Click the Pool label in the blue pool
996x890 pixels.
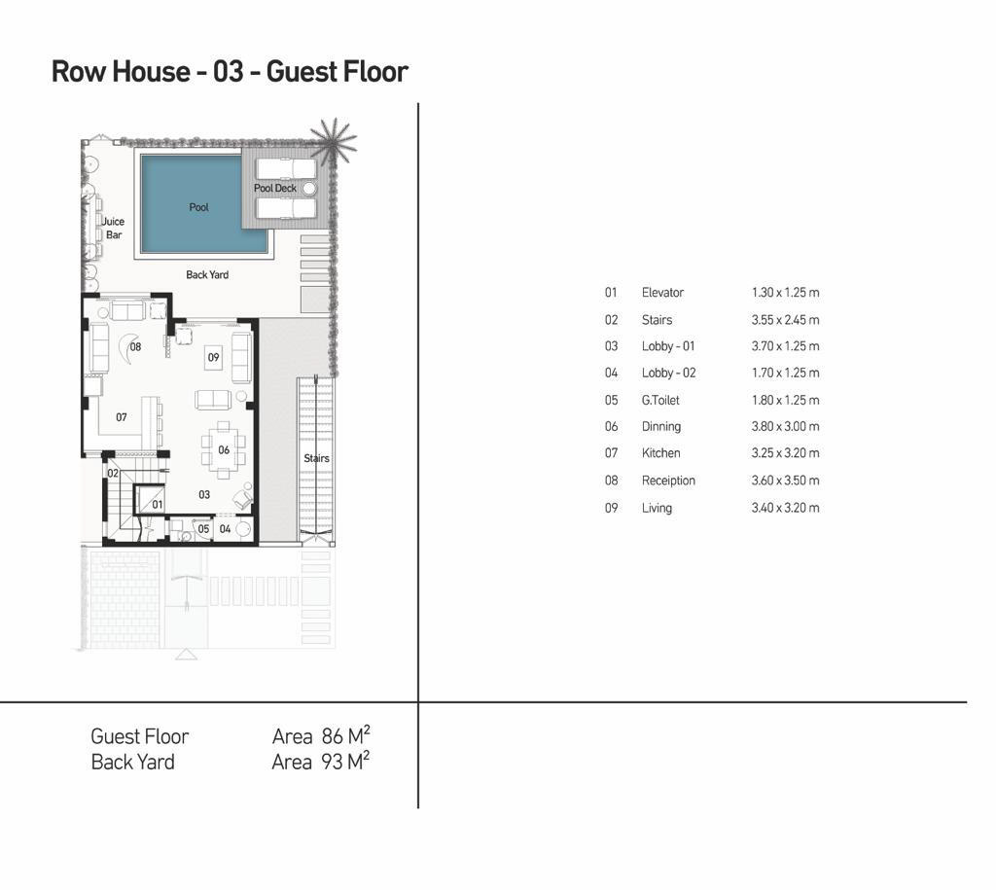198,207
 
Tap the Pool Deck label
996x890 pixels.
275,189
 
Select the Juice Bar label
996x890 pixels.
114,228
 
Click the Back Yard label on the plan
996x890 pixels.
207,275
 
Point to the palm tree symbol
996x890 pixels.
334,141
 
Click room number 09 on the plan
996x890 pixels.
213,358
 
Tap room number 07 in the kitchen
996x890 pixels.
122,417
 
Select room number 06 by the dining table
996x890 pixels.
224,450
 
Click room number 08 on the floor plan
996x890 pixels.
135,347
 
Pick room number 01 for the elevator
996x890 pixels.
157,505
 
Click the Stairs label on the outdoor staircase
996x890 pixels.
316,458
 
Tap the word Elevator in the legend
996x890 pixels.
662,293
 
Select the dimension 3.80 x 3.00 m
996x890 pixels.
785,427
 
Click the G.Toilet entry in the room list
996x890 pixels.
660,400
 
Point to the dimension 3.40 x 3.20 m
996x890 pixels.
785,508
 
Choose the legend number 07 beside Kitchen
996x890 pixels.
611,453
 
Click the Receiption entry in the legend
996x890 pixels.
668,481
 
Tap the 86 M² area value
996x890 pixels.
345,737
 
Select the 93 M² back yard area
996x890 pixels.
345,763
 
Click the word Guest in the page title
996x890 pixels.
300,72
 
